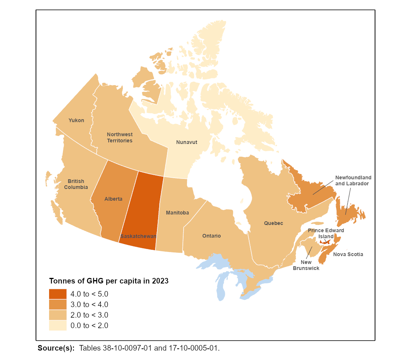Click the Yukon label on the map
[76, 120]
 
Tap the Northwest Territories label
[120, 137]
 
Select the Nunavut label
[187, 142]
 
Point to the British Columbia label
[76, 184]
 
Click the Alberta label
[113, 199]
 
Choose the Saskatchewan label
[138, 237]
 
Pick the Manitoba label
[177, 213]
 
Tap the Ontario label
[211, 236]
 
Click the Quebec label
[274, 223]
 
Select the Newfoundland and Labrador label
[353, 180]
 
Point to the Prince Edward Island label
[326, 233]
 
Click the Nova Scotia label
[348, 254]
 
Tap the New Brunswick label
[306, 265]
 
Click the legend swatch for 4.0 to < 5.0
[58, 294]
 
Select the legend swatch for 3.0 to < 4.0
[58, 304]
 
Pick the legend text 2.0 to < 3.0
[89, 315]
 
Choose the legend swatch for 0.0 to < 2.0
[58, 325]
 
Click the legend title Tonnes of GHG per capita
[109, 281]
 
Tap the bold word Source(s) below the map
[56, 348]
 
